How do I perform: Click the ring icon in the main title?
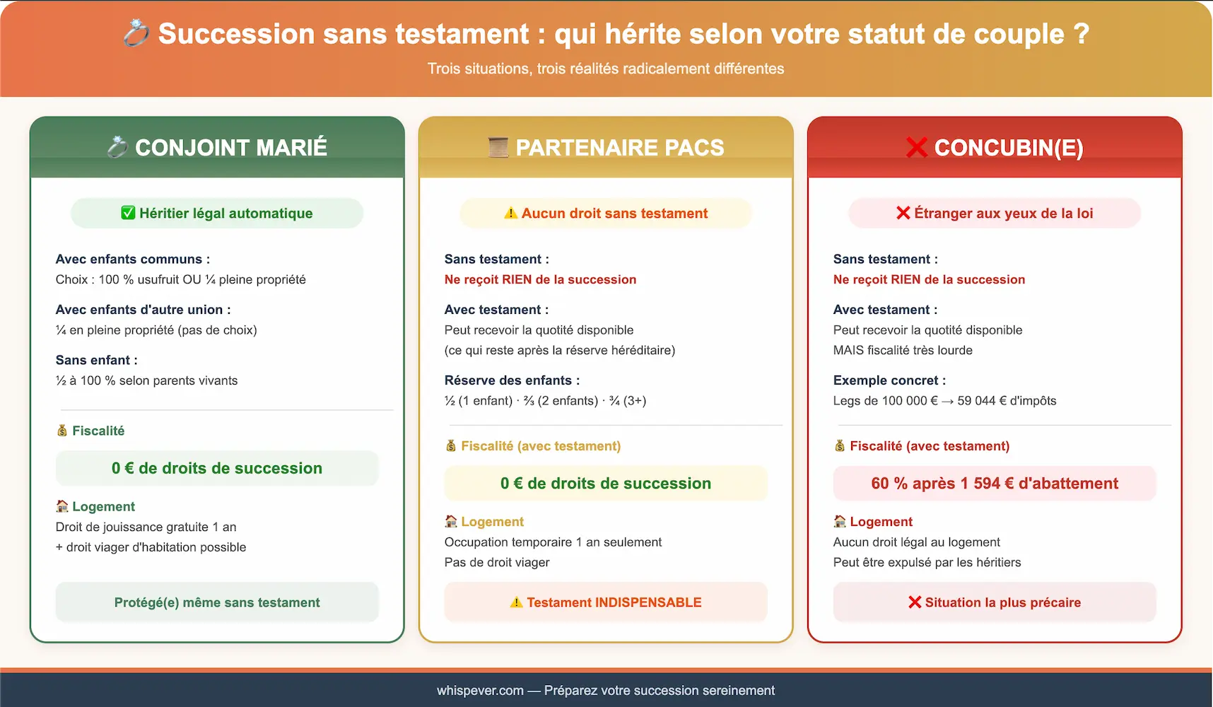pos(136,33)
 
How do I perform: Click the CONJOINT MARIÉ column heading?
pos(230,147)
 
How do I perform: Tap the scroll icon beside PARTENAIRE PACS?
pos(498,147)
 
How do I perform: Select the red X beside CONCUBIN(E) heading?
pos(917,147)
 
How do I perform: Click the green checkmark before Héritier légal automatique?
pos(128,213)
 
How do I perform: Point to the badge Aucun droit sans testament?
pos(606,213)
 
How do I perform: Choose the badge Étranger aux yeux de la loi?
pos(995,213)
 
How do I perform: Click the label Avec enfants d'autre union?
pos(143,310)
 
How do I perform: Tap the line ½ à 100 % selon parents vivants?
pos(147,380)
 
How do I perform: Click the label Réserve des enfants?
pos(512,380)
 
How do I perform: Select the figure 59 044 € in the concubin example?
pos(982,401)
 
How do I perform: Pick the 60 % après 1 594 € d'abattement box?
pos(995,484)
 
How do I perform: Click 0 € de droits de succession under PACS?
pos(606,484)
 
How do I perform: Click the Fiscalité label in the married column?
pos(98,431)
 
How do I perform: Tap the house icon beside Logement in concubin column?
pos(840,521)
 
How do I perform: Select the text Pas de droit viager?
pos(497,563)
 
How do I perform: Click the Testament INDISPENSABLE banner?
pos(606,602)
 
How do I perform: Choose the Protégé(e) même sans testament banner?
pos(217,602)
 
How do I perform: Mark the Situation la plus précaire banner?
pos(995,602)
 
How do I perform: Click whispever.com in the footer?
pos(480,691)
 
